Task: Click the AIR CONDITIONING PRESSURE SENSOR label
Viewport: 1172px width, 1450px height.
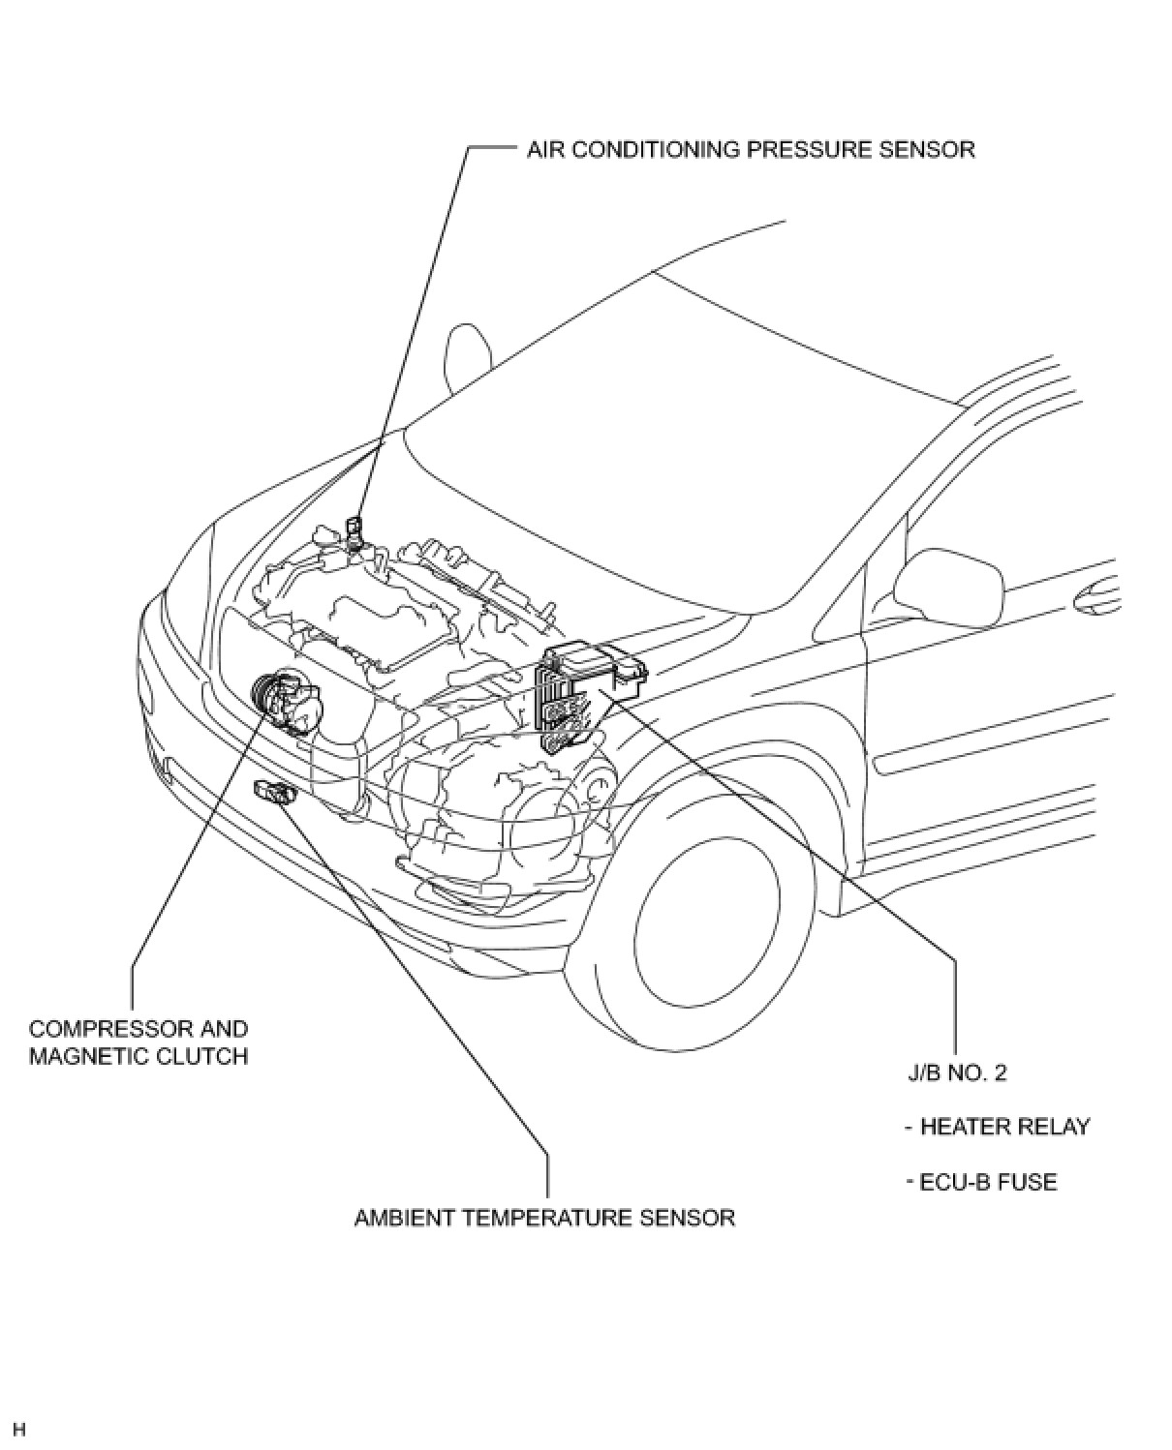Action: pos(751,149)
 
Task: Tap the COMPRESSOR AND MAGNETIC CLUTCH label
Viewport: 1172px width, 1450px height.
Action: pos(138,1042)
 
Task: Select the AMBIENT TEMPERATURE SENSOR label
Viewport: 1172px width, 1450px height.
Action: pos(544,1217)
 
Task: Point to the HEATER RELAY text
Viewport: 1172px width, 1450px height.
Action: pos(1003,1127)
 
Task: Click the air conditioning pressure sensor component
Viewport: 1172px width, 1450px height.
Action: pos(355,532)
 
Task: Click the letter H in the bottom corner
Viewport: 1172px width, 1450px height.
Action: pos(19,1430)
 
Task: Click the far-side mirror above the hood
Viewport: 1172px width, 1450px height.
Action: pos(467,355)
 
